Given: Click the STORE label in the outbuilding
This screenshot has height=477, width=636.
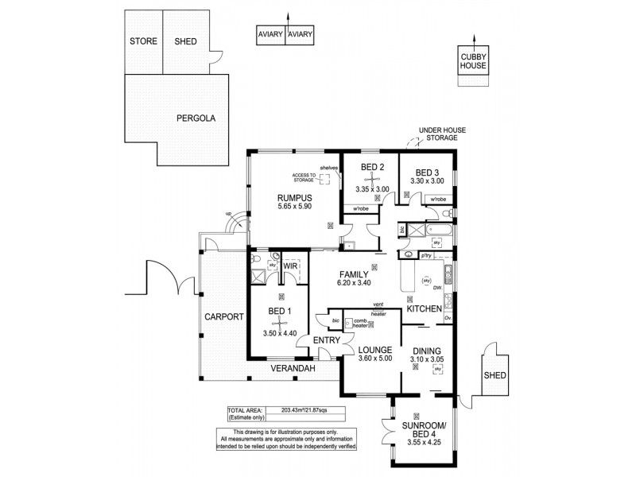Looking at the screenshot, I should pyautogui.click(x=144, y=42).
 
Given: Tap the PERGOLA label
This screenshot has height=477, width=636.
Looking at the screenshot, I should pyautogui.click(x=196, y=118).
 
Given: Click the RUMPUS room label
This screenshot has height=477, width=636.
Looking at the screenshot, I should pyautogui.click(x=273, y=197).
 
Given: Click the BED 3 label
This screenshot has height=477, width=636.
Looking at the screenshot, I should pyautogui.click(x=425, y=172).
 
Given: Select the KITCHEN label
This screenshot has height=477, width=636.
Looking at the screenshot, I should pyautogui.click(x=425, y=308).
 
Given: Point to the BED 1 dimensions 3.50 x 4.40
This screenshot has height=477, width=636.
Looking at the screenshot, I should pyautogui.click(x=279, y=335).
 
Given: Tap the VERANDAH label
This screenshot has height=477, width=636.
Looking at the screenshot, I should pyautogui.click(x=292, y=370).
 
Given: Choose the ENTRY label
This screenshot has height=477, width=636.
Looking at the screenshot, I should pyautogui.click(x=327, y=340).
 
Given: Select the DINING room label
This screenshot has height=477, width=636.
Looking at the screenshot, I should pyautogui.click(x=427, y=349).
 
